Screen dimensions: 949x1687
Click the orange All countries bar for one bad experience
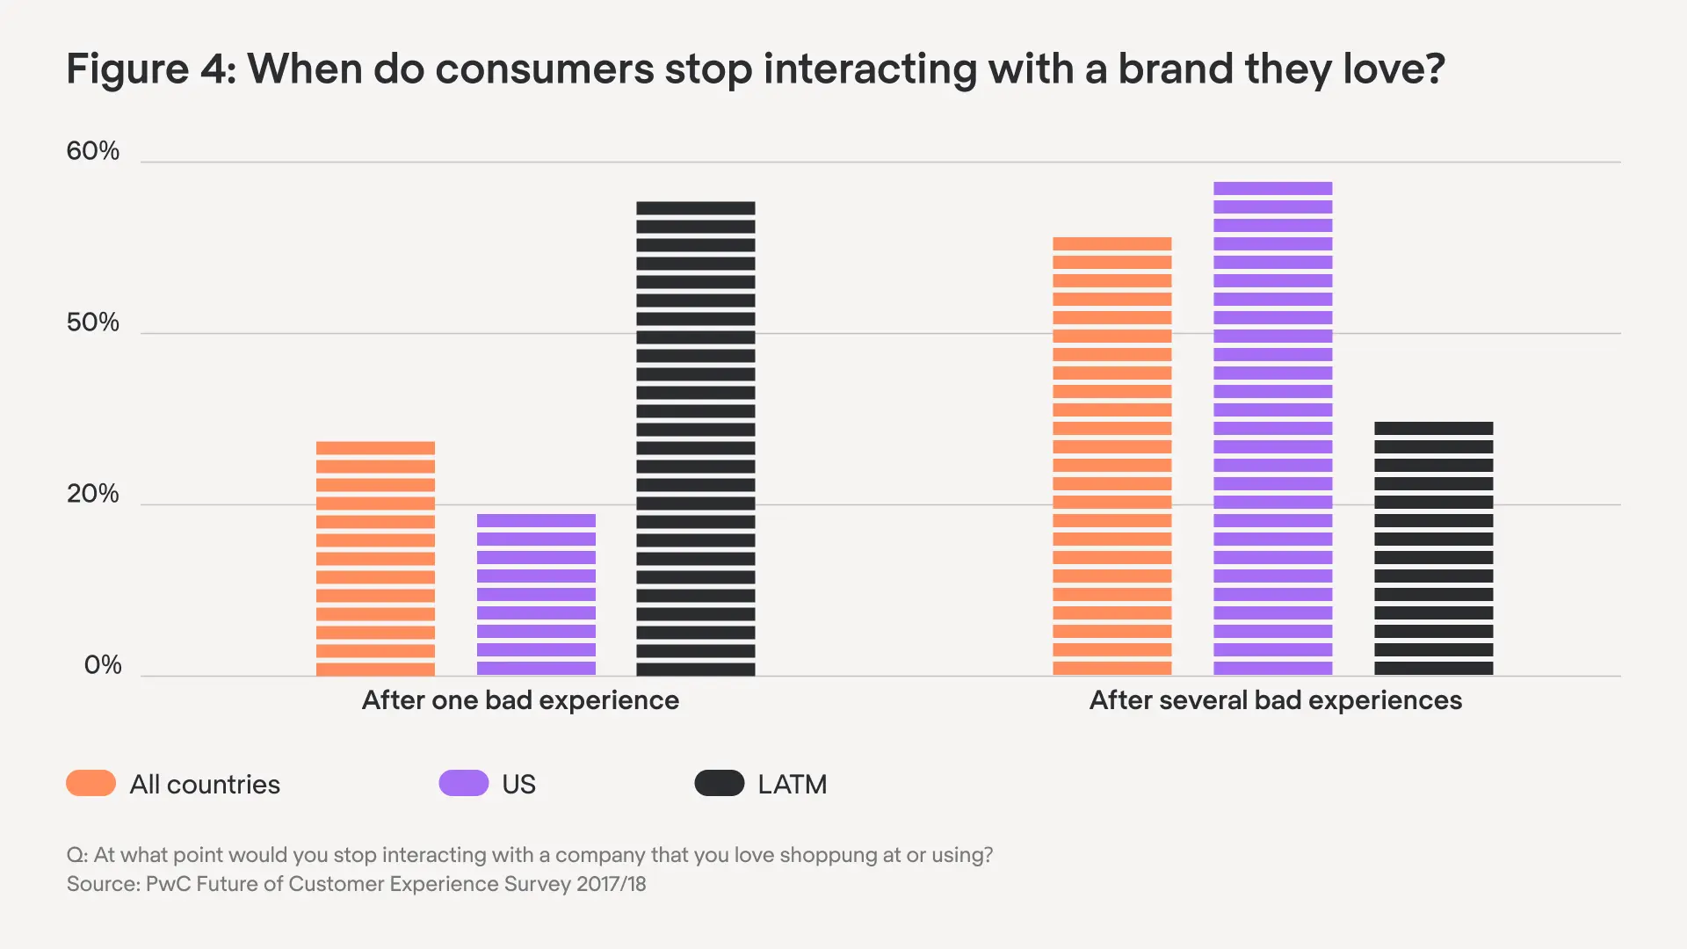tap(375, 559)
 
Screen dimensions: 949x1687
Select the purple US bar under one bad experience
tap(536, 595)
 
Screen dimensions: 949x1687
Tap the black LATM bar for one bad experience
tap(695, 438)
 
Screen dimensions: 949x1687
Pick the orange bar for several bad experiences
tap(1111, 456)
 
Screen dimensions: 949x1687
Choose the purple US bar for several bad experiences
tap(1272, 429)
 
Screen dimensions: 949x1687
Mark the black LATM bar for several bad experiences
tap(1433, 548)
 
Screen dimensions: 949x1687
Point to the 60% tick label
tap(92, 151)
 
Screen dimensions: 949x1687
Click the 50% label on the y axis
tap(92, 322)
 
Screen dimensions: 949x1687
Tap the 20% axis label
tap(92, 494)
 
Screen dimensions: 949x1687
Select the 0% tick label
tap(102, 665)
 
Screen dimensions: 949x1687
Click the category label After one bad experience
tap(520, 700)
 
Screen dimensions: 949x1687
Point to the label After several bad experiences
tap(1275, 700)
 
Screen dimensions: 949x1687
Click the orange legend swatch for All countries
tap(91, 783)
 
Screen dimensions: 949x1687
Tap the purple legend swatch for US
tap(463, 783)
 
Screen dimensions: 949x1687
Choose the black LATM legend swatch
tap(719, 783)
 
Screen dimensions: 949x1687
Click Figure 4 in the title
tap(150, 69)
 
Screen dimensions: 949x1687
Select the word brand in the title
tap(1175, 69)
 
